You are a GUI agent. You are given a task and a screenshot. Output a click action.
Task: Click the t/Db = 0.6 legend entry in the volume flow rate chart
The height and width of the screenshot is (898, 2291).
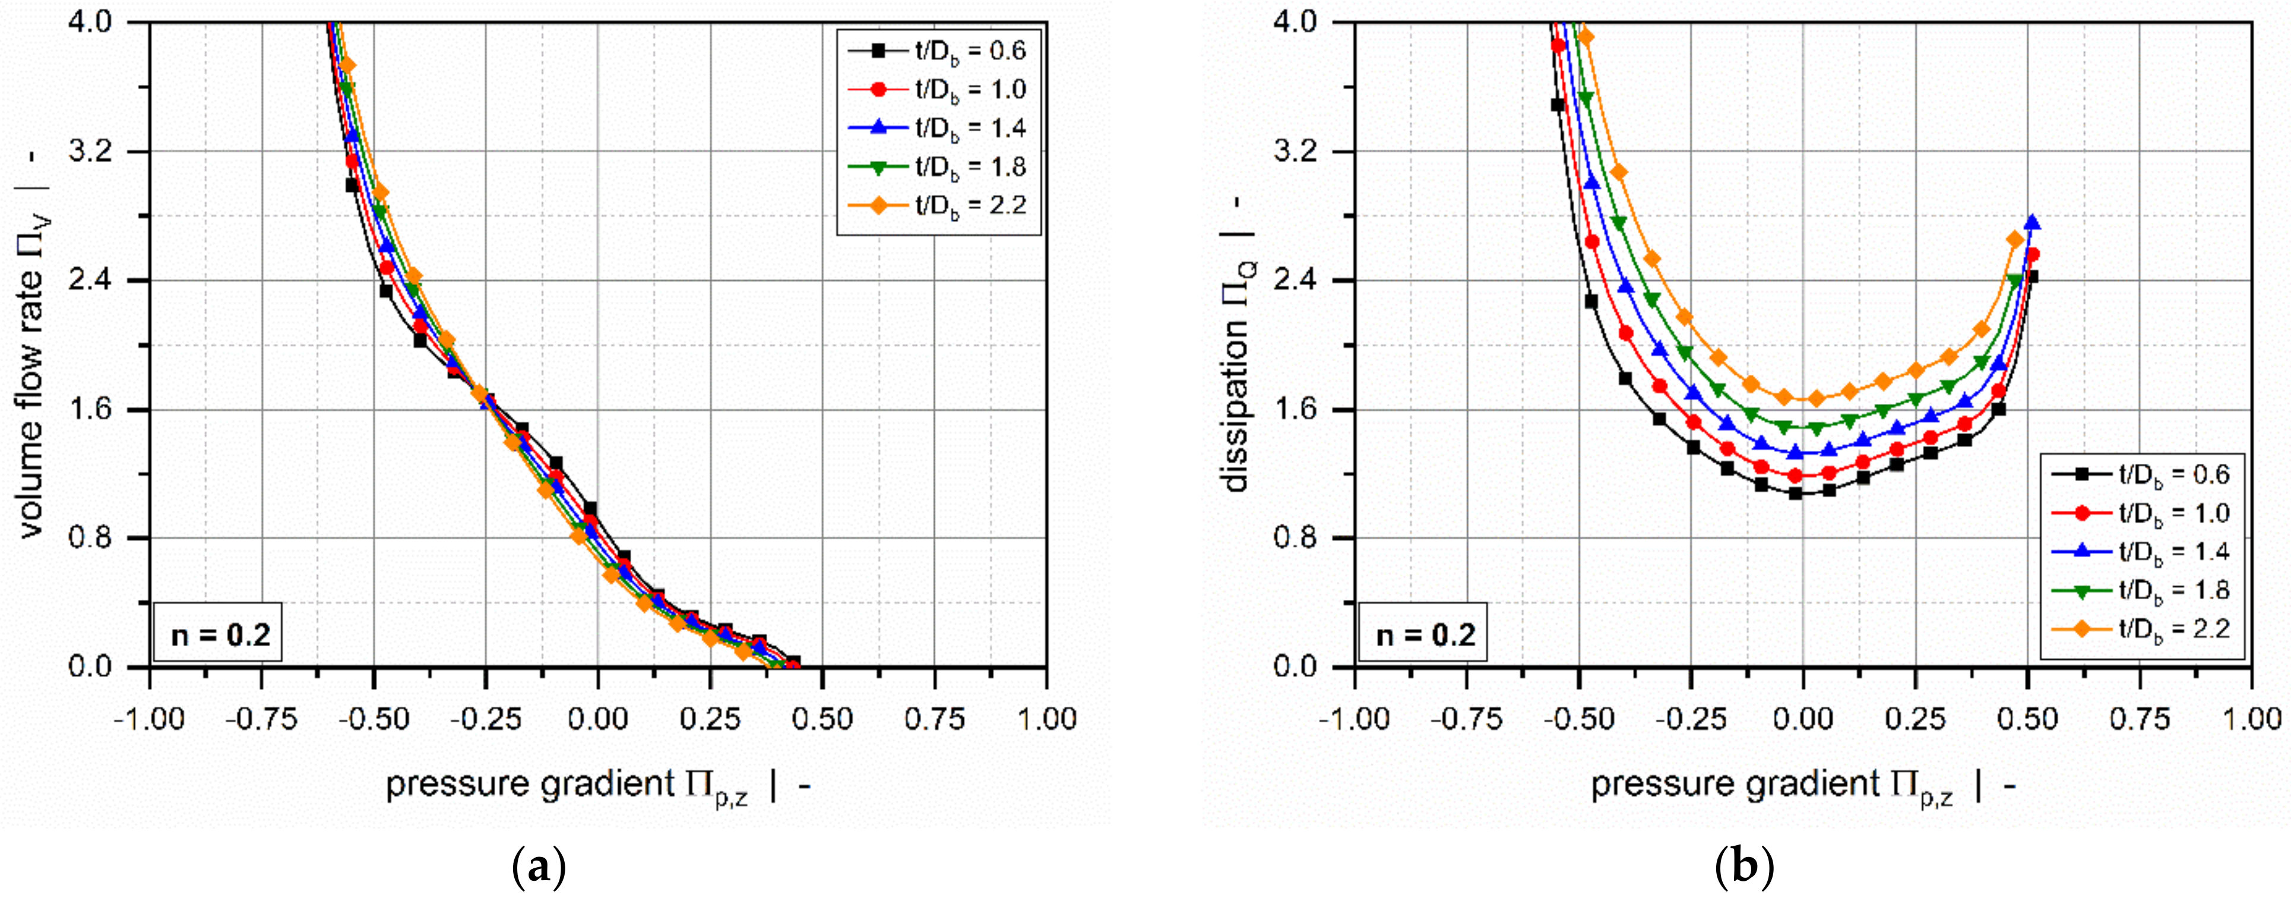(938, 50)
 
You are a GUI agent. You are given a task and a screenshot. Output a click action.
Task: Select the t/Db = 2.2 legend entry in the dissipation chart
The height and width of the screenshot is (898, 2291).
(2141, 630)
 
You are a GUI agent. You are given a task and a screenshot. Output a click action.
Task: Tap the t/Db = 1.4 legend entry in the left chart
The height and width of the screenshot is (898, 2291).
(938, 128)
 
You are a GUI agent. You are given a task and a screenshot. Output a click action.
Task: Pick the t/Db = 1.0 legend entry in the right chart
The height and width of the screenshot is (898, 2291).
(2141, 513)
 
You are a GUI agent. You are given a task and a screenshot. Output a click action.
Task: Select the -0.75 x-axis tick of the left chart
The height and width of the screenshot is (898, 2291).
(261, 719)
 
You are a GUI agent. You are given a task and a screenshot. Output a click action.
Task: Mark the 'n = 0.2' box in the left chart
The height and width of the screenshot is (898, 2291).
(220, 635)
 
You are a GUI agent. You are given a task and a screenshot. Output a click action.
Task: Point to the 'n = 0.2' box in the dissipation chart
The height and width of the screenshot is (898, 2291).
(1425, 635)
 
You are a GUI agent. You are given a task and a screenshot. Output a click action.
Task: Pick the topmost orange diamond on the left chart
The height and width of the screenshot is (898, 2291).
(348, 65)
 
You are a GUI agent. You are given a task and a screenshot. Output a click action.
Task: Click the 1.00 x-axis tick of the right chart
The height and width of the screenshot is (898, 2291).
(2250, 719)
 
